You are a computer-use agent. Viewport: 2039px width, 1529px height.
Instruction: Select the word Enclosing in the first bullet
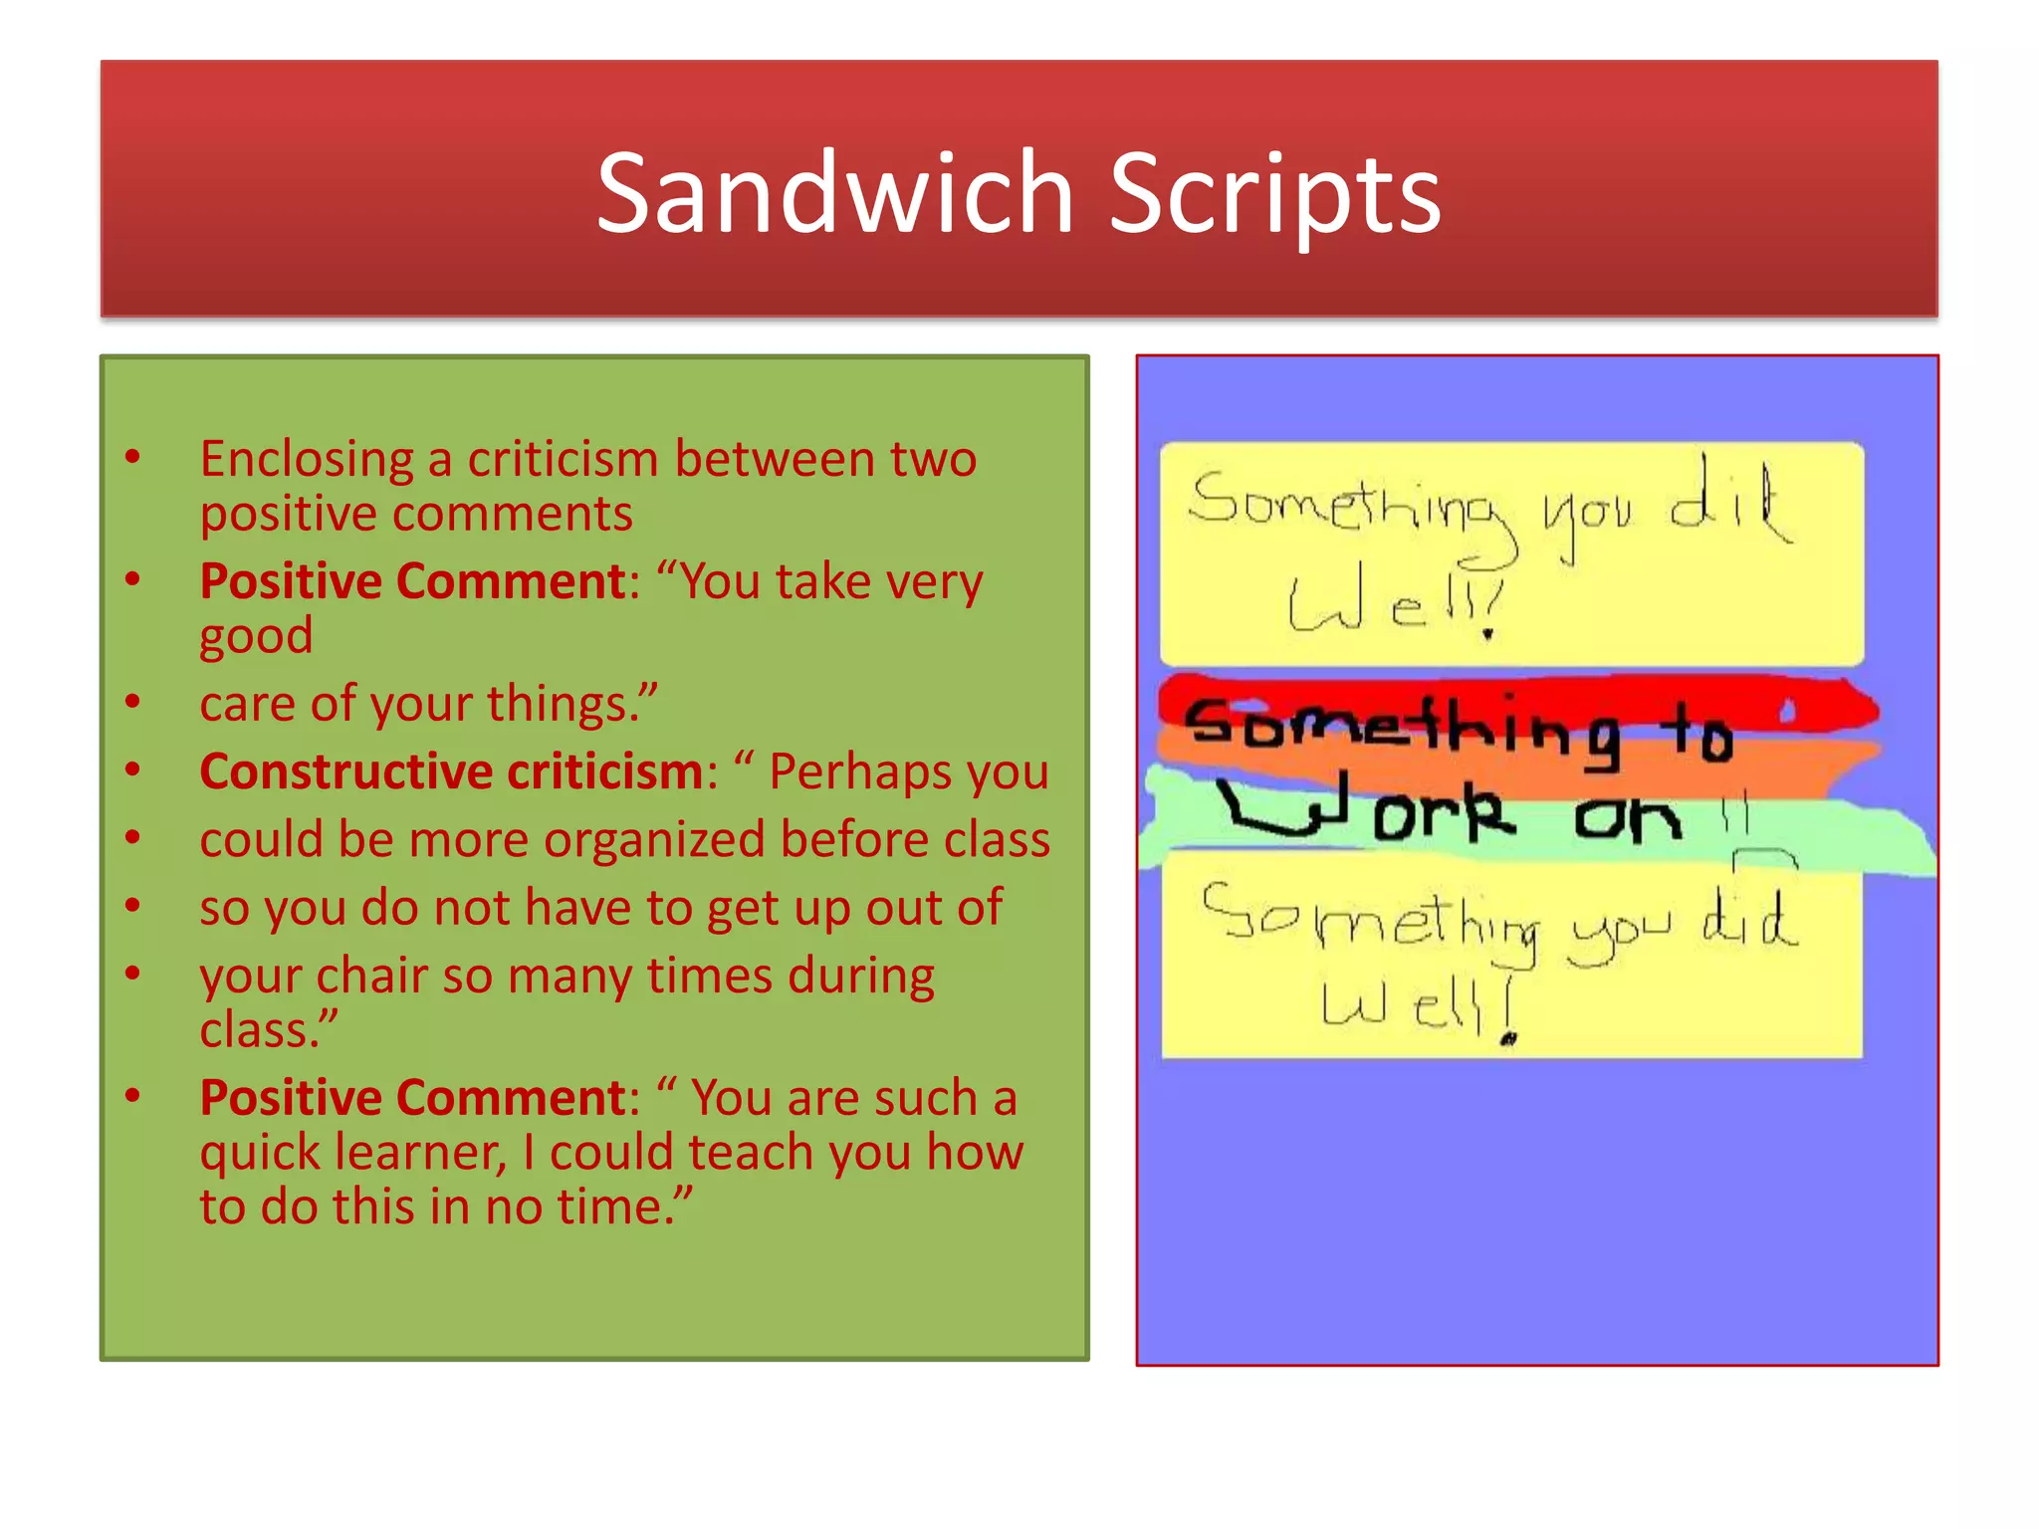pyautogui.click(x=306, y=461)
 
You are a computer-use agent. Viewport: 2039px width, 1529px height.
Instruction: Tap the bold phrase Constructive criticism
pyautogui.click(x=452, y=771)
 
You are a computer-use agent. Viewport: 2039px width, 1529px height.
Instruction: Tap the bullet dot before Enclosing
pyautogui.click(x=132, y=457)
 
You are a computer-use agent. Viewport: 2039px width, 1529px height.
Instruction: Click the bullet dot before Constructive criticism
pyautogui.click(x=132, y=768)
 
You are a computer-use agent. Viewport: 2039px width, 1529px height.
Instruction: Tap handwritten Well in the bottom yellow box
pyautogui.click(x=1414, y=1005)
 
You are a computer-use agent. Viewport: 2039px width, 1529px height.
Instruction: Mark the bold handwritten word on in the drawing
pyautogui.click(x=1628, y=818)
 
